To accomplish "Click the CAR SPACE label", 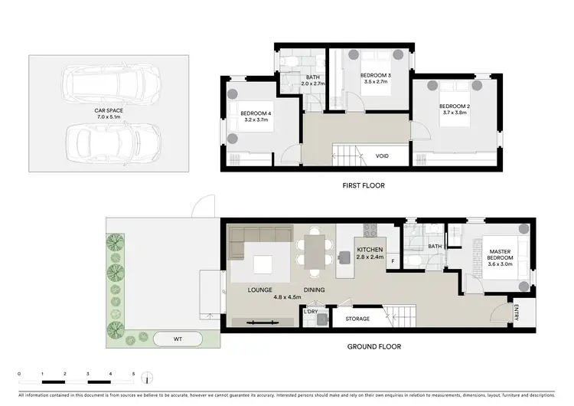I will point(109,111).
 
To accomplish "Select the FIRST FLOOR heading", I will point(363,185).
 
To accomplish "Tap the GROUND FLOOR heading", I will point(374,346).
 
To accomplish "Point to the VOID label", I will point(382,156).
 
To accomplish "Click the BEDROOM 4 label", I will point(256,113).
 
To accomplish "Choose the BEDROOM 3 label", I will point(376,75).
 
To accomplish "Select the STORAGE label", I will point(357,319).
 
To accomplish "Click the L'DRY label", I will point(311,311).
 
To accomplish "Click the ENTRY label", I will point(517,313).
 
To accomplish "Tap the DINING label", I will point(314,290).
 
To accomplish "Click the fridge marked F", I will point(393,262).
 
